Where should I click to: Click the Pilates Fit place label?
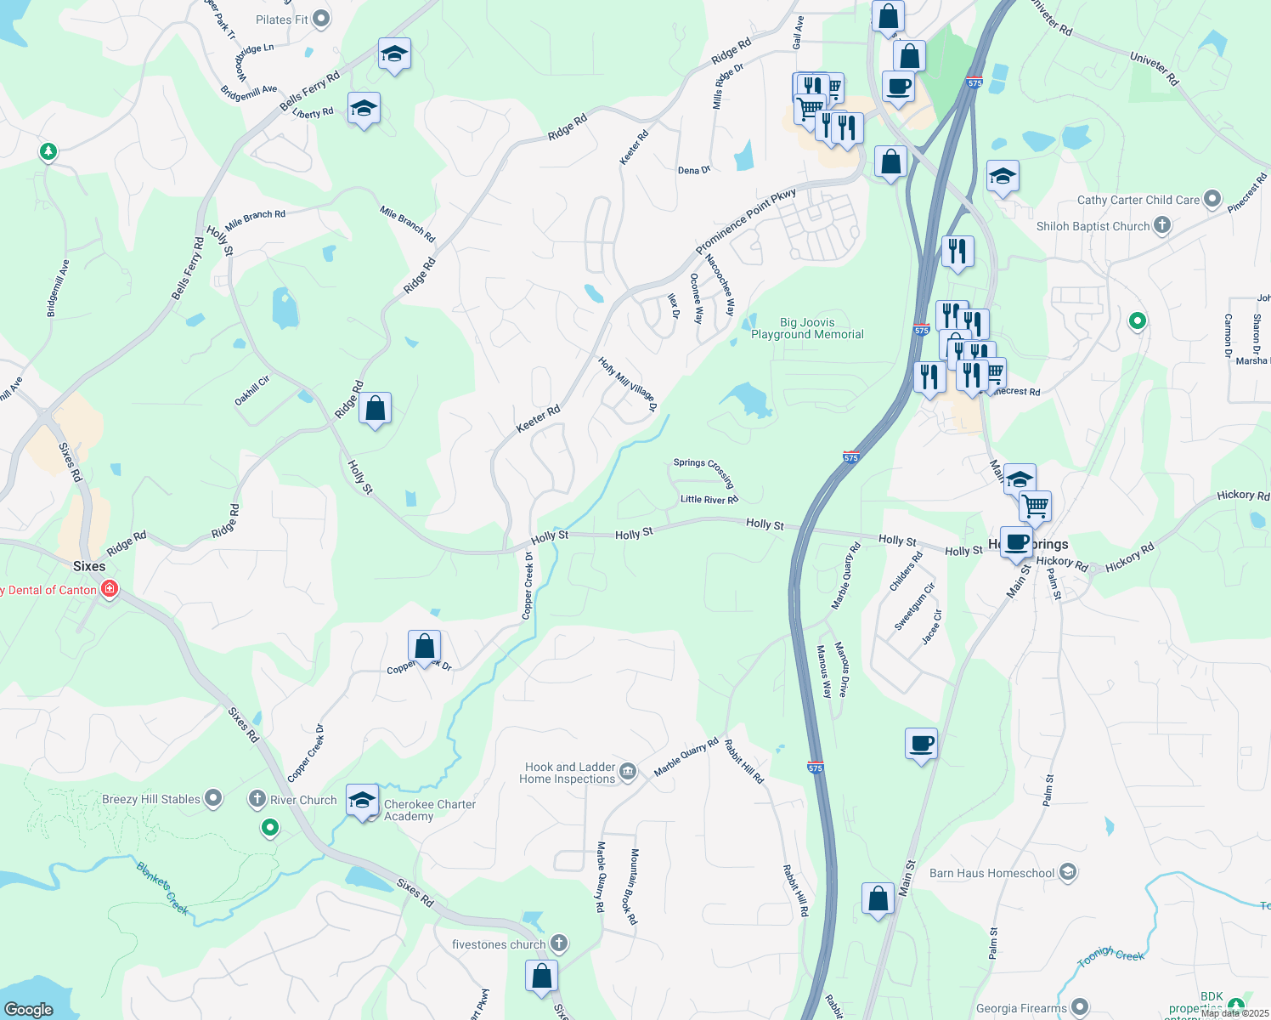[282, 20]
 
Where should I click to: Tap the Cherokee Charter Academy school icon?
[363, 801]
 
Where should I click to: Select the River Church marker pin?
[257, 799]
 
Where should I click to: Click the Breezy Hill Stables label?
[151, 799]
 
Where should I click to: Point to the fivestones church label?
[499, 944]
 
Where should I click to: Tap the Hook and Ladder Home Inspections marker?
[627, 771]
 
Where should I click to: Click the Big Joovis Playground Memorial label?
[807, 328]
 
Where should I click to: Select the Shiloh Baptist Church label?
[1093, 226]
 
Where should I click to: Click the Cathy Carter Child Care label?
[1138, 200]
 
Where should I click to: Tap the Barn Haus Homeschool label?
[992, 873]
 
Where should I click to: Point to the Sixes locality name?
[89, 566]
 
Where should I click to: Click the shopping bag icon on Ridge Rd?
[375, 409]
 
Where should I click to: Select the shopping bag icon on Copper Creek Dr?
[424, 647]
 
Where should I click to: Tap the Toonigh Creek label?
[1110, 956]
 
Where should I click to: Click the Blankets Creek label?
[162, 888]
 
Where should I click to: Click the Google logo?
[28, 1009]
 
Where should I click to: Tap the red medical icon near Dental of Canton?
[109, 589]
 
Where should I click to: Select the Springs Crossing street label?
[703, 471]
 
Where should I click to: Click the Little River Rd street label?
[709, 500]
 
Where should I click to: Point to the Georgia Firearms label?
[1021, 1008]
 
